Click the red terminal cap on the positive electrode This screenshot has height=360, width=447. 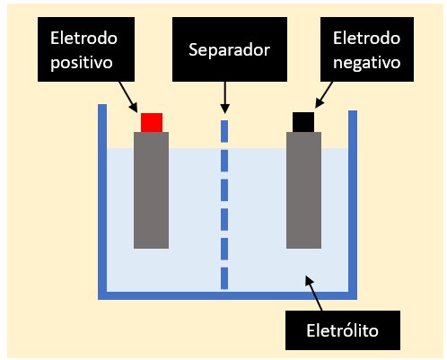point(152,122)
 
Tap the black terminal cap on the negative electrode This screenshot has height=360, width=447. point(303,122)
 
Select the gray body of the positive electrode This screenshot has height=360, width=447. point(151,190)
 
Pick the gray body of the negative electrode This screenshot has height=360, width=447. point(303,190)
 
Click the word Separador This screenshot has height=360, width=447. point(230,49)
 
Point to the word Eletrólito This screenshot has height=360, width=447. point(343,330)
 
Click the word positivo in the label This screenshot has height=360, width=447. point(82,63)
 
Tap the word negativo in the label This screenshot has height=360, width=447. point(367,63)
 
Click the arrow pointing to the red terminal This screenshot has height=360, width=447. point(128,97)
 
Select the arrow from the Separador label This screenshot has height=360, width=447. point(224,97)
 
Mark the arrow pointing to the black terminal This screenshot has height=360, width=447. point(324,95)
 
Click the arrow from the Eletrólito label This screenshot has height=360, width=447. point(313,294)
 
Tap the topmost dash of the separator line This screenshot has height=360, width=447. point(224,131)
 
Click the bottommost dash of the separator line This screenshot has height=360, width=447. point(224,278)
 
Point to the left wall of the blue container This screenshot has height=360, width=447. point(102,201)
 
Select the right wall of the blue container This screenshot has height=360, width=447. point(353,205)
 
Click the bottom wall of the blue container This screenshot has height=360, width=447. point(228,295)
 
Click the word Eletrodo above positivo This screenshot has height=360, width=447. point(83,39)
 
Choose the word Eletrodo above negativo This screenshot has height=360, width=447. point(367,39)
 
